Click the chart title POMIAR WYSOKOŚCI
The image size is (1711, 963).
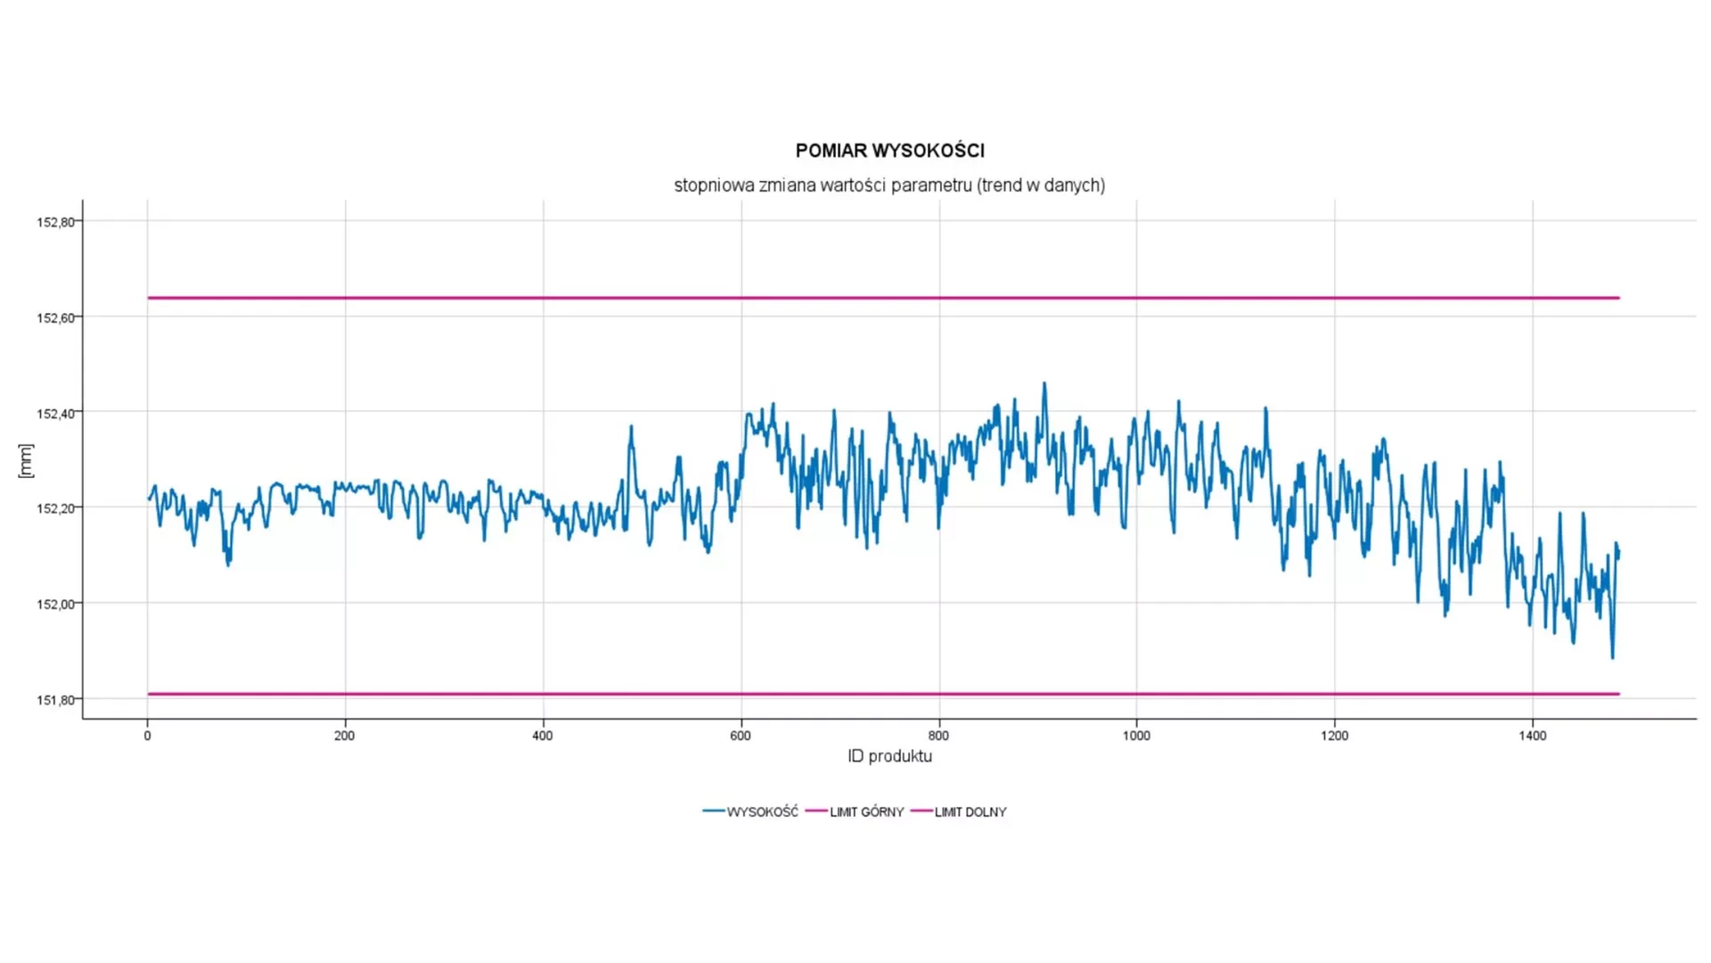[x=889, y=151]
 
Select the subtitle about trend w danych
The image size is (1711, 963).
[x=889, y=185]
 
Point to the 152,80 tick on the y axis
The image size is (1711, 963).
[x=55, y=222]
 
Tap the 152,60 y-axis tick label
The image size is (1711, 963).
[x=55, y=317]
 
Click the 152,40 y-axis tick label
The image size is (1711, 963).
[x=55, y=414]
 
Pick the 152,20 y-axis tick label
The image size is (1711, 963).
[x=55, y=508]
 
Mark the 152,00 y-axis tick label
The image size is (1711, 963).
[x=55, y=605]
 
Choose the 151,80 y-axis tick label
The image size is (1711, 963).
[x=55, y=700]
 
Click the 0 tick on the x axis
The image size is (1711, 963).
[x=147, y=736]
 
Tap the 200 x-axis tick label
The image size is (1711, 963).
[x=344, y=736]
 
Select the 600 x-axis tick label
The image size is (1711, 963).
[x=740, y=736]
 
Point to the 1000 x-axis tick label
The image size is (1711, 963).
[x=1136, y=736]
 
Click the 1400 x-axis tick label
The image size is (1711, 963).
[x=1532, y=736]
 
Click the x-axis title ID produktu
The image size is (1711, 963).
[x=889, y=756]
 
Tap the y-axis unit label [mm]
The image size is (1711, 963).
[x=26, y=460]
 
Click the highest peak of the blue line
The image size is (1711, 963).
[x=1044, y=384]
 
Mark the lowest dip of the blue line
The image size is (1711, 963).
[x=1612, y=657]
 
